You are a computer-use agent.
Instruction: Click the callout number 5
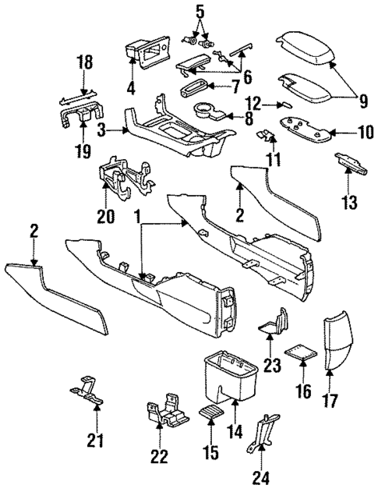pyautogui.click(x=200, y=12)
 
